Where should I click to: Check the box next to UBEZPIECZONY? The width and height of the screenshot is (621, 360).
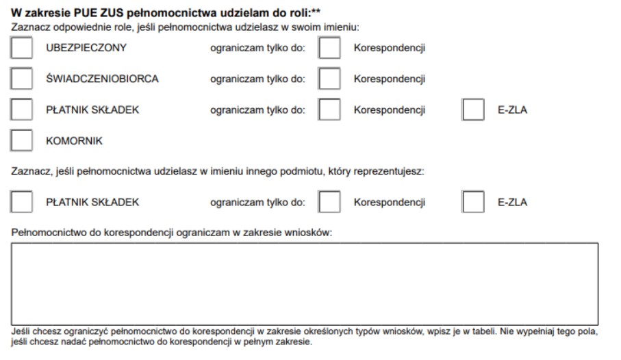(23, 48)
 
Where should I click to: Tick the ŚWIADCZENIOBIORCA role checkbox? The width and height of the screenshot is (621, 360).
(23, 79)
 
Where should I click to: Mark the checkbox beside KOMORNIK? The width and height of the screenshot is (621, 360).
(23, 140)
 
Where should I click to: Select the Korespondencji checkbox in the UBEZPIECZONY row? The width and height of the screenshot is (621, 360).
(330, 48)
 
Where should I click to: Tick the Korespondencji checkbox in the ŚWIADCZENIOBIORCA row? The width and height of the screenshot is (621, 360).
(330, 79)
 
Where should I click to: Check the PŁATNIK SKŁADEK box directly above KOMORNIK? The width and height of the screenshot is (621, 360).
(23, 110)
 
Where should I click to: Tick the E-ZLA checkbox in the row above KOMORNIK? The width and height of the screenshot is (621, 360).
(474, 110)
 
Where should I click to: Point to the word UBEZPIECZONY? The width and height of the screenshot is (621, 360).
(86, 48)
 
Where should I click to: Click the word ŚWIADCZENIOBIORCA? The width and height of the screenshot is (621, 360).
(102, 79)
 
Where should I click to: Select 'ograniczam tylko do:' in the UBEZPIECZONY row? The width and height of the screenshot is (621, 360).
(257, 48)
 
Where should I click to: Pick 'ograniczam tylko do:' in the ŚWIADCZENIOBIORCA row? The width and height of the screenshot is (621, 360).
(257, 79)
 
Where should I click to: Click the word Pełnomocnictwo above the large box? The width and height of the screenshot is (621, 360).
(46, 233)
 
